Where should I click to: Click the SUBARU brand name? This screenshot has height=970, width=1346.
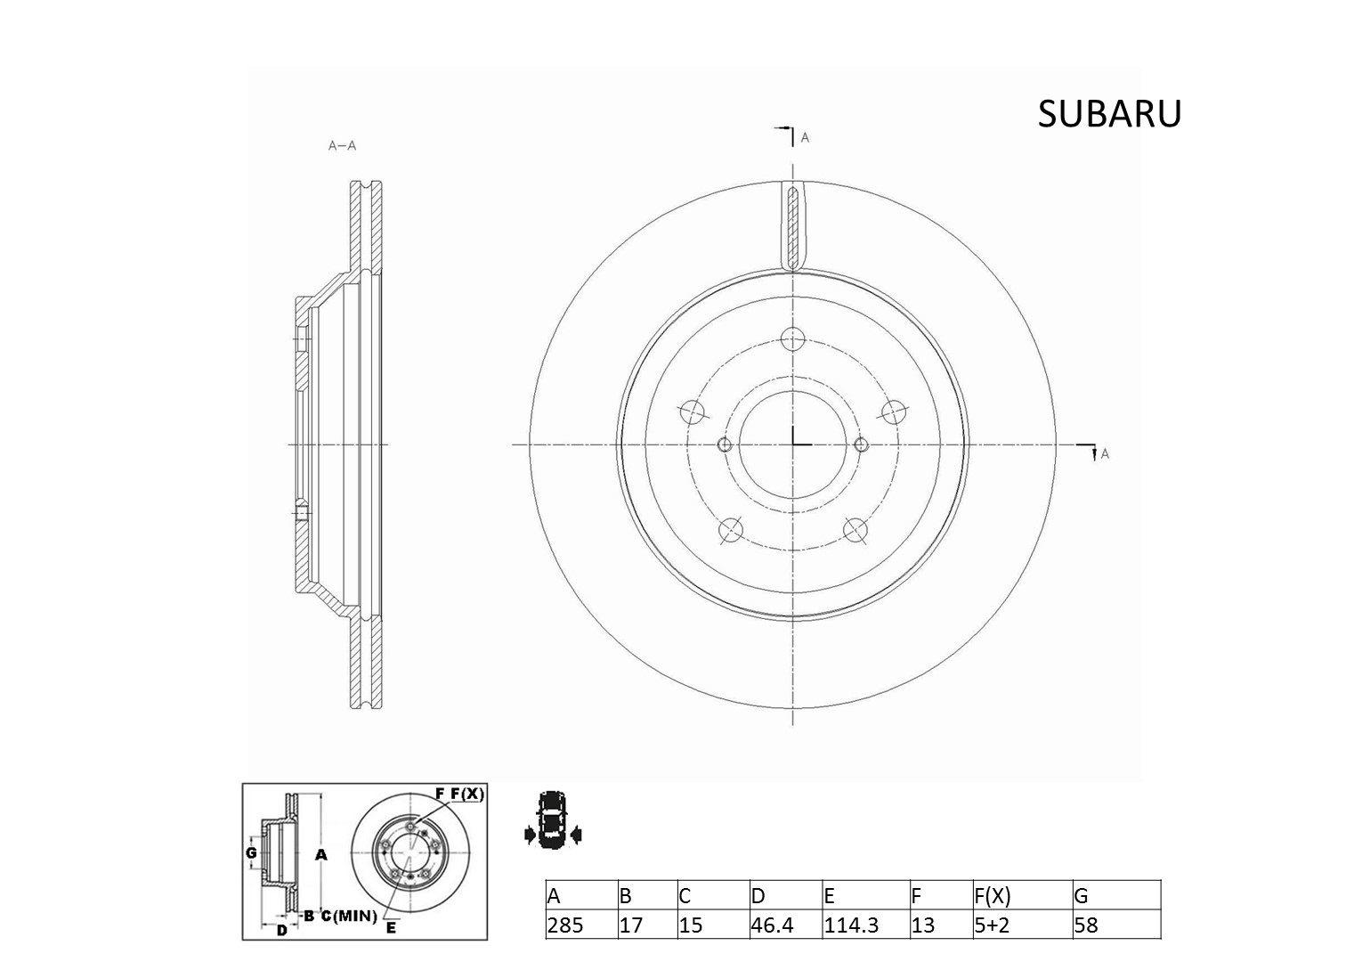click(x=1109, y=114)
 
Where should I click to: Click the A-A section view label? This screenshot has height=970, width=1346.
click(x=342, y=146)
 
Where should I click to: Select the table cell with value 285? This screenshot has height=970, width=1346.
click(x=566, y=925)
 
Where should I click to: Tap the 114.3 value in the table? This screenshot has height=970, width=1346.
click(x=851, y=925)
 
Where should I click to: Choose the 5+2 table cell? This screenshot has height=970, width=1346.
click(x=993, y=925)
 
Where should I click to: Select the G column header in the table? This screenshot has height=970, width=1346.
click(x=1082, y=896)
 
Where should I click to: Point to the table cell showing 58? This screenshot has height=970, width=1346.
click(x=1086, y=925)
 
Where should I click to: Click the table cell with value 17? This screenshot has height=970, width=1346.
click(x=631, y=925)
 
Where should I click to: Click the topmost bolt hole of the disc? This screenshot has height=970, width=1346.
click(x=792, y=338)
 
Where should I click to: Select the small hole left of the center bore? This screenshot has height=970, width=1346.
click(x=724, y=444)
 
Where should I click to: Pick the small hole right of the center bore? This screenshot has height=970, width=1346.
click(x=860, y=444)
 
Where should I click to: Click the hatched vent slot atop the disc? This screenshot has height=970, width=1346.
click(x=792, y=224)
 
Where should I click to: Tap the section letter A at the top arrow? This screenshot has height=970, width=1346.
click(x=805, y=138)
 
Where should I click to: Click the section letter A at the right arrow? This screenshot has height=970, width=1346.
click(x=1105, y=453)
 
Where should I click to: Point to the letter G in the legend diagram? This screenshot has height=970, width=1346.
click(x=251, y=852)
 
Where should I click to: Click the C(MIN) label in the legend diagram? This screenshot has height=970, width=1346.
click(x=348, y=916)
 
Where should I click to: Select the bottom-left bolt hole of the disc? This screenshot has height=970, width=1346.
click(x=730, y=530)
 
